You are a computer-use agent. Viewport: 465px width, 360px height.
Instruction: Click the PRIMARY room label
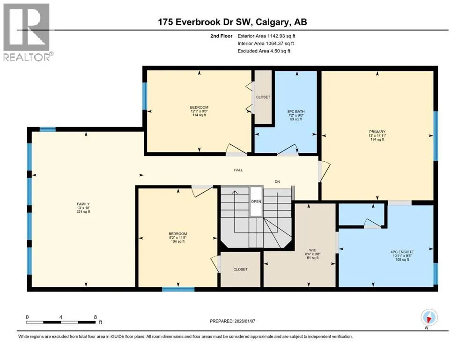[x=377, y=132]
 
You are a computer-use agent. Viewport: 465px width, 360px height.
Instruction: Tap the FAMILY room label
[x=83, y=204]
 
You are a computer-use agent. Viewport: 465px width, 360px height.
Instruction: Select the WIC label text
[x=312, y=250]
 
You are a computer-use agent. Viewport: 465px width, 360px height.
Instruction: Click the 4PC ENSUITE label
[x=402, y=252]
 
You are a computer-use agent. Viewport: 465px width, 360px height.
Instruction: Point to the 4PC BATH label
[x=295, y=112]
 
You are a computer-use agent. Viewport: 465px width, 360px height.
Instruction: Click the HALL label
[x=238, y=170]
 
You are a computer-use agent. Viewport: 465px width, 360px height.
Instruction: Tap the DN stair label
[x=277, y=181]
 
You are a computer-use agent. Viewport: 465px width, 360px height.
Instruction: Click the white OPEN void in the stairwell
[x=256, y=201]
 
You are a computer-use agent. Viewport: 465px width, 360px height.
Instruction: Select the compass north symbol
[x=429, y=317]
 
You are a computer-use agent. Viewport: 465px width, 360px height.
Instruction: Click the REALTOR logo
[x=27, y=32]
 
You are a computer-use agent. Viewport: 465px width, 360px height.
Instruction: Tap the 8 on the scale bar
[x=96, y=317]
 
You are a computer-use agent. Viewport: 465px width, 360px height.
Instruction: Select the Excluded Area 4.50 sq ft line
[x=264, y=51]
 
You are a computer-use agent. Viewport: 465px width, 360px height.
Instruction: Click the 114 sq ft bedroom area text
[x=199, y=115]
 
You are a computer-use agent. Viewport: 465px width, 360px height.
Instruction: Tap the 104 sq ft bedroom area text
[x=177, y=241]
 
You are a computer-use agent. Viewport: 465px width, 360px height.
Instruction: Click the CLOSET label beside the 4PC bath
[x=263, y=97]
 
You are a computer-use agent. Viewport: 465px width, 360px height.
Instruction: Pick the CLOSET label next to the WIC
[x=240, y=270]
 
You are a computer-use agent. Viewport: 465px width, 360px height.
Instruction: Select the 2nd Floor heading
[x=221, y=36]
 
